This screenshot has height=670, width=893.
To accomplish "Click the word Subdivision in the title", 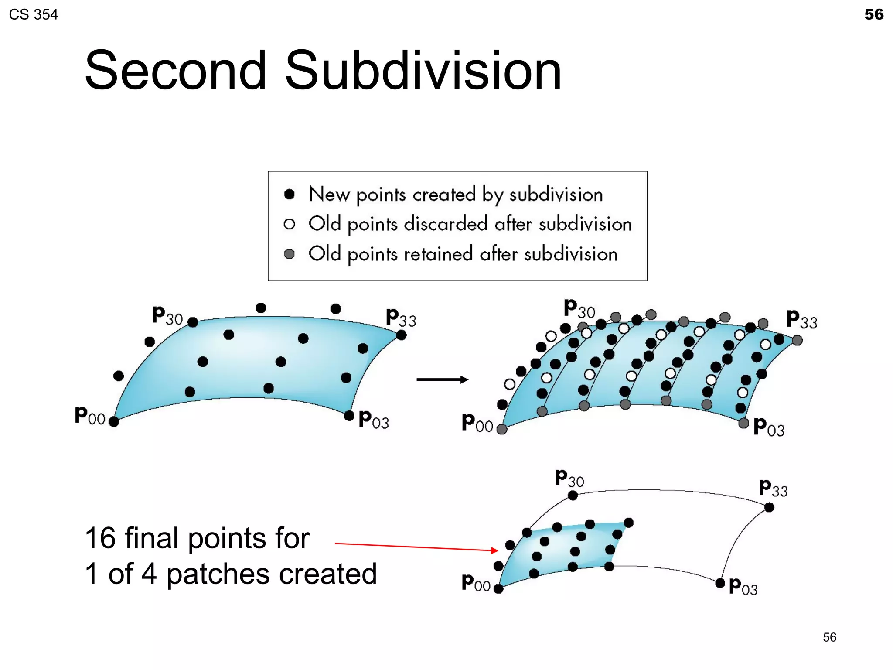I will [x=423, y=71].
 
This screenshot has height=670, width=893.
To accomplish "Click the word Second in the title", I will [x=175, y=71].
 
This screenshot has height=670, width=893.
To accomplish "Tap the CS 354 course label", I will [x=33, y=14].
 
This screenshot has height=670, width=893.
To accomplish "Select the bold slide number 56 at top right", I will [x=873, y=14].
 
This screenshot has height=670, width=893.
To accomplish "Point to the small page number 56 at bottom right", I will [x=829, y=637].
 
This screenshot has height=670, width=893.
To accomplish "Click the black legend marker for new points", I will [x=289, y=194].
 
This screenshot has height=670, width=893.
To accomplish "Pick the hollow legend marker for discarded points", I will [x=289, y=224].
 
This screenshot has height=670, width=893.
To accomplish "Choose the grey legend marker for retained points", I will [x=289, y=254].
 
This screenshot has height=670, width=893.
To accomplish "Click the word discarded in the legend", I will [x=445, y=224].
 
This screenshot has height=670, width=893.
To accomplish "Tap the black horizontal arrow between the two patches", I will [x=442, y=379].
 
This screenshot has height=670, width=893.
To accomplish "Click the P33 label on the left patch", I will [x=401, y=318].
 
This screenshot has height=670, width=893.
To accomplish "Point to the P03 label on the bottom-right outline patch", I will [x=743, y=587].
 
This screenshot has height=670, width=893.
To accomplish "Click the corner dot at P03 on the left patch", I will [x=349, y=416].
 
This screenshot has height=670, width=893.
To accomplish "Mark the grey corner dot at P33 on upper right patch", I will [x=797, y=340].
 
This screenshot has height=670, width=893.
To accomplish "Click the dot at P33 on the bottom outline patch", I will [x=769, y=507].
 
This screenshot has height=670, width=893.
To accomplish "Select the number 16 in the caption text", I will [x=100, y=538].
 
